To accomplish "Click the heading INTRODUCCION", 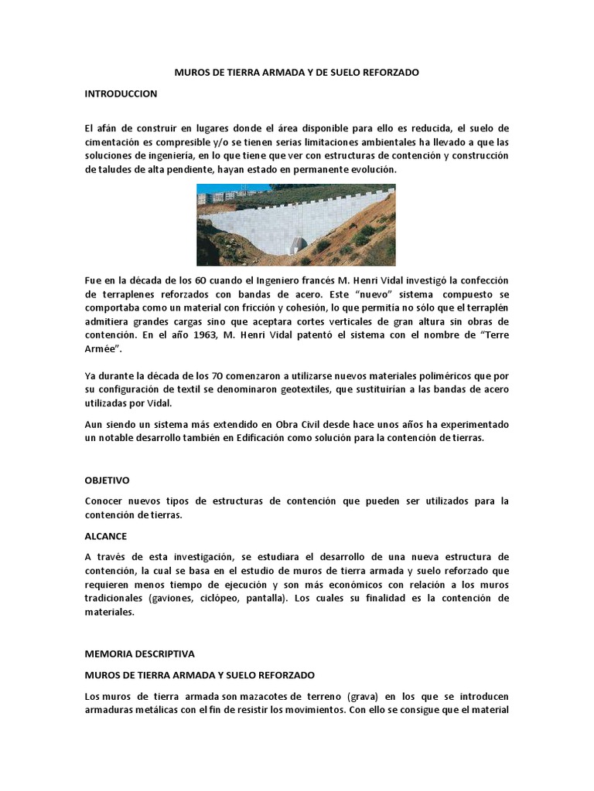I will pyautogui.click(x=121, y=93).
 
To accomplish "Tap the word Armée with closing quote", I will pyautogui.click(x=104, y=349).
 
